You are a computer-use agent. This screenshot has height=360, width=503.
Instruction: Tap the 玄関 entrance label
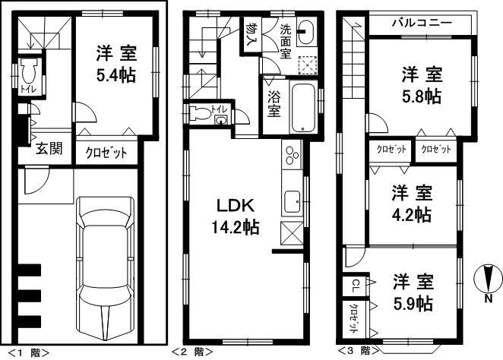tap(47, 148)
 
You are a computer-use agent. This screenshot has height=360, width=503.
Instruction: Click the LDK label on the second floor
tap(229, 206)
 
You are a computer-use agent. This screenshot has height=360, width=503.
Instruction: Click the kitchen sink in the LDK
tap(293, 202)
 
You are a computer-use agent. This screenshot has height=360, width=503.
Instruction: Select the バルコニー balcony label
tap(422, 23)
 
